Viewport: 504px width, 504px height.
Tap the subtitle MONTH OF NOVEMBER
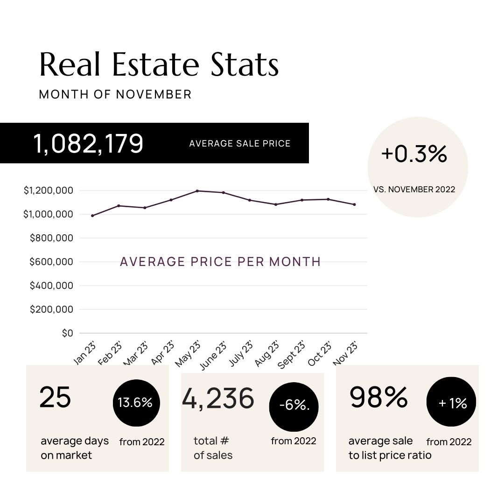(x=115, y=94)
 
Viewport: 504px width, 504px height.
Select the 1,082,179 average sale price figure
(x=88, y=143)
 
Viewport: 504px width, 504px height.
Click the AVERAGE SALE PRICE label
(x=240, y=143)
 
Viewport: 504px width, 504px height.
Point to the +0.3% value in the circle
(x=414, y=154)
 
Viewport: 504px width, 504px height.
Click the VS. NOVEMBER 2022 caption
(x=414, y=189)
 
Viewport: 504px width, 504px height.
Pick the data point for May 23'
(x=197, y=191)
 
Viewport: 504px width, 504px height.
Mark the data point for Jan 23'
(x=92, y=216)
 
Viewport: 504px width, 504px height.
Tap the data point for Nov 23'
(x=354, y=204)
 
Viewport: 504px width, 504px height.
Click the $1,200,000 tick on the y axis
(x=48, y=190)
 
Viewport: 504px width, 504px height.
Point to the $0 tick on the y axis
(x=67, y=333)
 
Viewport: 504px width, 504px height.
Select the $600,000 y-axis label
(x=51, y=262)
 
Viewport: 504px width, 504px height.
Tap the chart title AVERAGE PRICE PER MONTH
(x=220, y=262)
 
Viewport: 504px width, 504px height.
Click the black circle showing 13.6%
(x=135, y=403)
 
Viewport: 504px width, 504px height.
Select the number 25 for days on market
(x=55, y=398)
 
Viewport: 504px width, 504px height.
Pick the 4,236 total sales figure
(x=218, y=399)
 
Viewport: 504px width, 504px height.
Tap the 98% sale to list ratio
(x=378, y=398)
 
